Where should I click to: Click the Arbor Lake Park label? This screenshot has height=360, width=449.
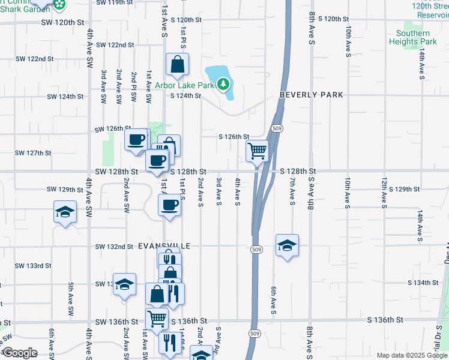[185, 85]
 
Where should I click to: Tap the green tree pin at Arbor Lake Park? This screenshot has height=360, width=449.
[223, 83]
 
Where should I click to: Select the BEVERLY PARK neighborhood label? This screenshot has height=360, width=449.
[311, 95]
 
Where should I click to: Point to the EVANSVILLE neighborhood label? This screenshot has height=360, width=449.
[164, 247]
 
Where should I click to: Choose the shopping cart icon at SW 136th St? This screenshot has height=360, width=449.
[157, 318]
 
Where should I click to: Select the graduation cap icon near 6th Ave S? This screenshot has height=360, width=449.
[288, 244]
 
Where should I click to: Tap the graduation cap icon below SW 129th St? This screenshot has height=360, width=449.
[65, 213]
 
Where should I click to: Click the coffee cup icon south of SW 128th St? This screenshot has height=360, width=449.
[169, 205]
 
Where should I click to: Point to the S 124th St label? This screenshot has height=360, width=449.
[185, 96]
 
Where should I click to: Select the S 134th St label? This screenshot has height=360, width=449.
[423, 282]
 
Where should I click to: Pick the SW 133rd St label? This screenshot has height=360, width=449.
[33, 265]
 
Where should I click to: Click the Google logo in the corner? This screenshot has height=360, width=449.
[20, 353]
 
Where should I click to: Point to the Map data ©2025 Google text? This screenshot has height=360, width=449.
[411, 355]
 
